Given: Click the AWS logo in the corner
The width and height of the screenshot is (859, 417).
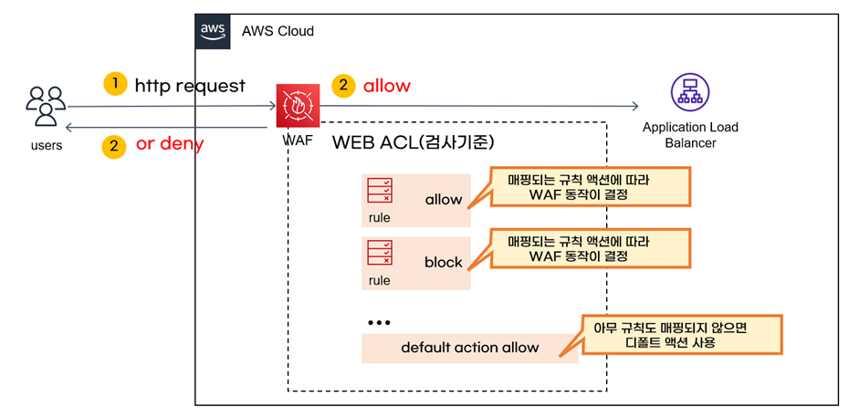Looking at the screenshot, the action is [213, 32].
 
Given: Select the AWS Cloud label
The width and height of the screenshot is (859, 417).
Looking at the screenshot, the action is [278, 31].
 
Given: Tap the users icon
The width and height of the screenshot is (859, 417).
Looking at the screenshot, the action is [46, 107].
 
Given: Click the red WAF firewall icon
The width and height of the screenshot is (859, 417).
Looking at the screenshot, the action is [298, 106].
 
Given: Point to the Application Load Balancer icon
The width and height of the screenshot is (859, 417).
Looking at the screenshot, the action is [690, 92].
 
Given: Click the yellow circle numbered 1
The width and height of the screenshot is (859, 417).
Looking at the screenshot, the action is [115, 85].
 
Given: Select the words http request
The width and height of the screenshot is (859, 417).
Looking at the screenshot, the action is [190, 86].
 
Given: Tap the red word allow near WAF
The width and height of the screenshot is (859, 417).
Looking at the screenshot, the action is [387, 86].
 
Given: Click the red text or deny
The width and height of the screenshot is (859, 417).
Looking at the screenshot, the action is [170, 144].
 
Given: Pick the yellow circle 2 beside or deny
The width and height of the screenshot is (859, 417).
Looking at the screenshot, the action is [114, 146].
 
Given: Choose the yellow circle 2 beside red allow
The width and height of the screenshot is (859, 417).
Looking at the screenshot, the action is [343, 87].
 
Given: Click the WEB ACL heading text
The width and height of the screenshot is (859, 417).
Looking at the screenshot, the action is [414, 143].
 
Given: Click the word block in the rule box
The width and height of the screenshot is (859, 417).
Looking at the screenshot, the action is [444, 263].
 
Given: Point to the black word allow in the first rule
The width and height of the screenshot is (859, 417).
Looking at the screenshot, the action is [444, 200].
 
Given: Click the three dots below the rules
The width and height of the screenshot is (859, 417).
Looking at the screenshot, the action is [378, 323].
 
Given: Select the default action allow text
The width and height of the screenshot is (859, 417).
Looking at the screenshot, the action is [469, 348].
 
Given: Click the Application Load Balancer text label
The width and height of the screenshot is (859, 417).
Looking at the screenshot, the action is [690, 136].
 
